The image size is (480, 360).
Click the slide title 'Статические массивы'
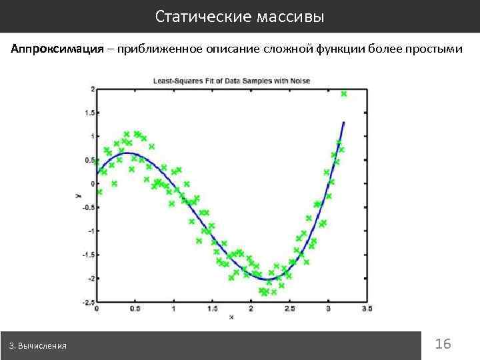(x=240, y=17)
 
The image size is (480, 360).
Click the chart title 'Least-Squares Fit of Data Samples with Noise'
(x=231, y=81)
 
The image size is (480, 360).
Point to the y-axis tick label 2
(x=92, y=89)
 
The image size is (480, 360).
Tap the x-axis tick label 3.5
(x=367, y=309)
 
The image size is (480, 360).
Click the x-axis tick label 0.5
(x=135, y=309)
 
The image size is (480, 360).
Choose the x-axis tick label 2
(x=251, y=309)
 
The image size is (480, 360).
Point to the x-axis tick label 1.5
(x=212, y=309)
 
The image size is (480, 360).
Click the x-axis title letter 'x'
(x=231, y=317)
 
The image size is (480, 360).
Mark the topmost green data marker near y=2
(x=344, y=94)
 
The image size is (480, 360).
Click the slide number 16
(x=443, y=344)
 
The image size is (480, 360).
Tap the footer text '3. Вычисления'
(x=38, y=346)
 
